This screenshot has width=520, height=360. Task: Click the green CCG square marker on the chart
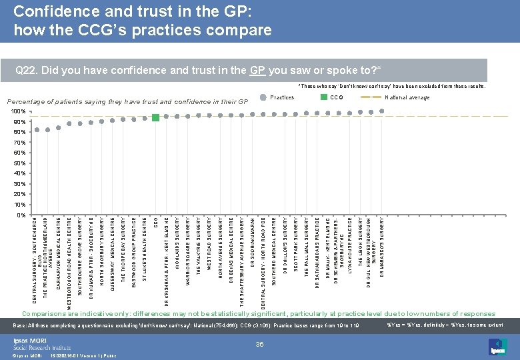(x=155, y=117)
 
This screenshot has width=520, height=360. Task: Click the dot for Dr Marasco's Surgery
(x=381, y=111)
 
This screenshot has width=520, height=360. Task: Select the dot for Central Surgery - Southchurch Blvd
(x=37, y=129)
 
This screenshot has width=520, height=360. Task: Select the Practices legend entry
(x=282, y=97)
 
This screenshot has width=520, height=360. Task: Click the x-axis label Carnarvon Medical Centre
(x=59, y=252)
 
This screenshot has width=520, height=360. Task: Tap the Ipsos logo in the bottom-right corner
(x=495, y=345)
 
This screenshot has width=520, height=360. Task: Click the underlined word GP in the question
(x=257, y=70)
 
